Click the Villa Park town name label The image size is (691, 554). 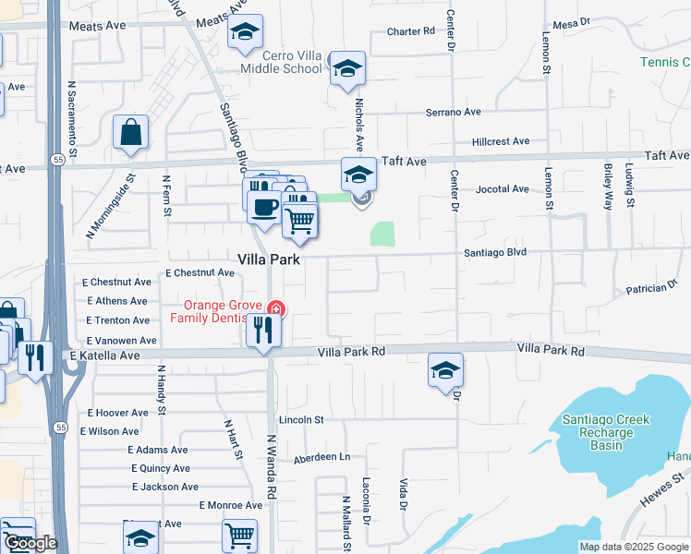270,260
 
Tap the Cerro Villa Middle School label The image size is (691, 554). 281,62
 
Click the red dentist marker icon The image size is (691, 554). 274,308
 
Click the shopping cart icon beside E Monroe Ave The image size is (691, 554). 239,535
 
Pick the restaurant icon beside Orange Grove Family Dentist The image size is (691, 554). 264,331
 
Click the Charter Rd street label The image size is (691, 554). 410,31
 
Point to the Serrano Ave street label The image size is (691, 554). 454,113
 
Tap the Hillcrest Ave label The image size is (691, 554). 500,142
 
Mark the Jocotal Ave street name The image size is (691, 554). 503,189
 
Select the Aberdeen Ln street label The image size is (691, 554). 322,458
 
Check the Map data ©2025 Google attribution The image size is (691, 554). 634,547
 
